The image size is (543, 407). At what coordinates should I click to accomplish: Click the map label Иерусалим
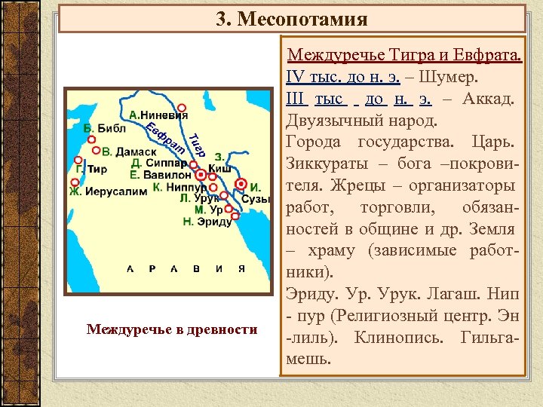pyautogui.click(x=115, y=191)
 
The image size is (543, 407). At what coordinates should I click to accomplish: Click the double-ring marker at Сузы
pyautogui.click(x=241, y=184)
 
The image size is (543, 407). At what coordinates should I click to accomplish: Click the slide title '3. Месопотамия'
pyautogui.click(x=291, y=18)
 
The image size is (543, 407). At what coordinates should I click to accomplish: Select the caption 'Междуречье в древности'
pyautogui.click(x=172, y=329)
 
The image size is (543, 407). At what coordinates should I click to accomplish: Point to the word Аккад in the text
pyautogui.click(x=489, y=99)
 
